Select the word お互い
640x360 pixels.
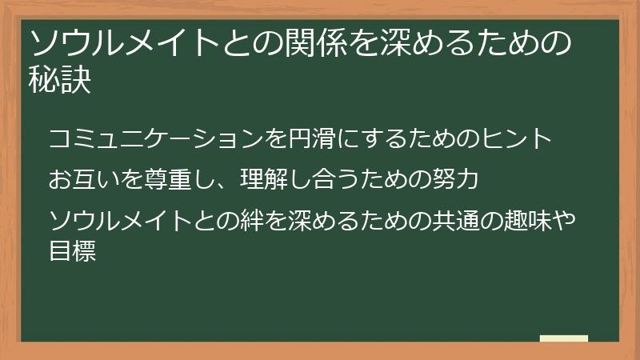point(84,178)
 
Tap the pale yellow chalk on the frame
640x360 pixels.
point(563,339)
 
